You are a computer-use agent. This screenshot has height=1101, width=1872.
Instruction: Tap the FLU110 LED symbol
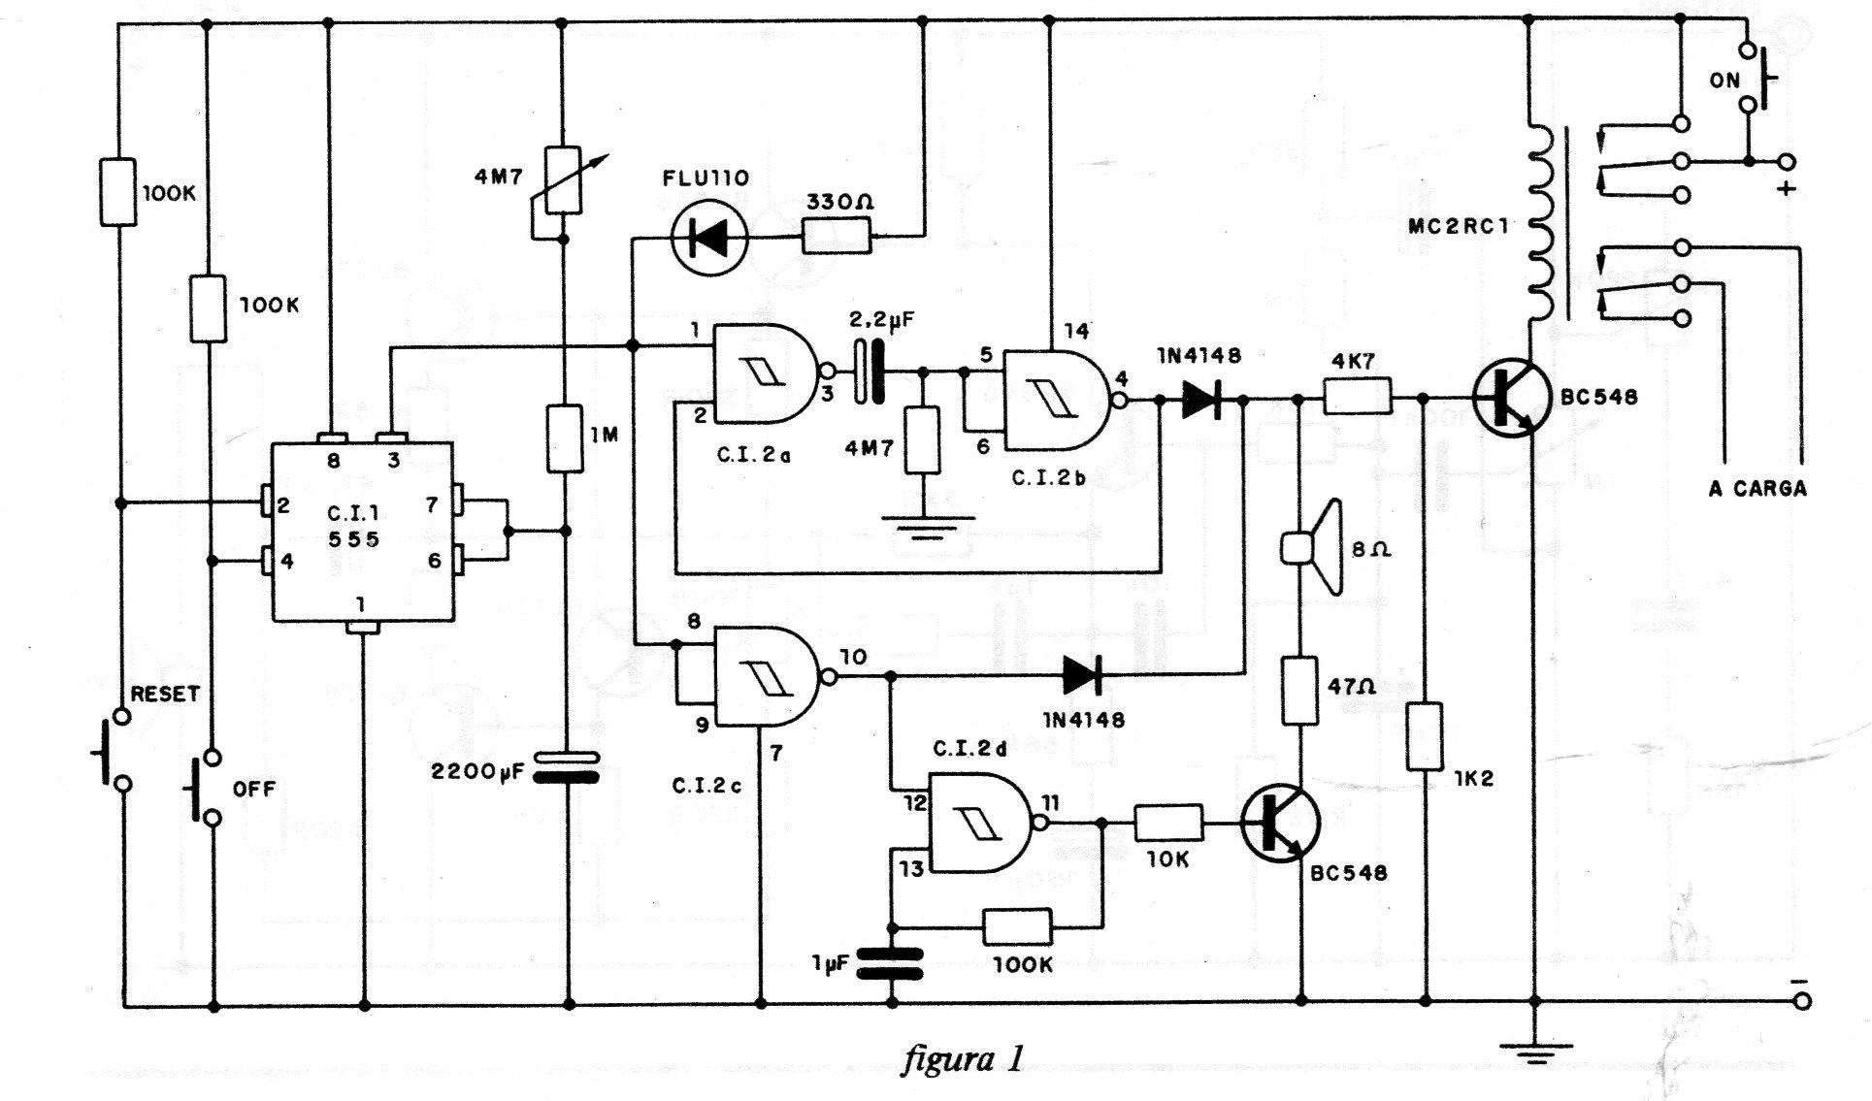tap(709, 237)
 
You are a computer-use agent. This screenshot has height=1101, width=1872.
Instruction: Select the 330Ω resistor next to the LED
tap(837, 236)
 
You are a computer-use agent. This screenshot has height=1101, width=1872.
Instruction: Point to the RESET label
tap(165, 694)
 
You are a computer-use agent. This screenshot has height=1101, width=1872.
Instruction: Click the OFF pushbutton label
tap(254, 789)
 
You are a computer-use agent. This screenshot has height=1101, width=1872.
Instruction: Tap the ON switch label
tap(1724, 81)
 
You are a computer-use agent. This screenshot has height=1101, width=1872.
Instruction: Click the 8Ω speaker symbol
tap(1315, 547)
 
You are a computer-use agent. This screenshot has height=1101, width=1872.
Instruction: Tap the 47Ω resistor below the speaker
tap(1300, 690)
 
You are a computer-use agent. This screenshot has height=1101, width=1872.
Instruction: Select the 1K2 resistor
tap(1425, 737)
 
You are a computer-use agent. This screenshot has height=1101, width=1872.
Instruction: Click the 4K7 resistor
tap(1358, 398)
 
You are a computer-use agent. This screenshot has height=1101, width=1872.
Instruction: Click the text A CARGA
tap(1757, 488)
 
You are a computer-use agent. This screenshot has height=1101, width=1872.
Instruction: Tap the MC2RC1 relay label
tap(1459, 227)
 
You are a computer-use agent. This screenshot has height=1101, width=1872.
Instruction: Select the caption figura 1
tap(962, 1058)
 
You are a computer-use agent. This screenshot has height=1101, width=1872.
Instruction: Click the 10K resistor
tap(1168, 824)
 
